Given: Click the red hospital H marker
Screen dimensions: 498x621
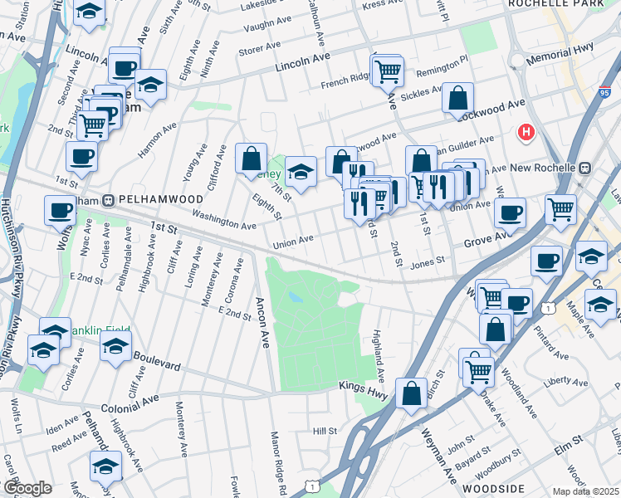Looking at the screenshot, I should (x=526, y=132).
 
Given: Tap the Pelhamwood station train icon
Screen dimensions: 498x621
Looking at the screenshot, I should (x=107, y=200).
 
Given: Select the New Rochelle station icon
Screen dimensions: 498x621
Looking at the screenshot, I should (x=586, y=167).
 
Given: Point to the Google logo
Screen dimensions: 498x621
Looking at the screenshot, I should (x=27, y=488).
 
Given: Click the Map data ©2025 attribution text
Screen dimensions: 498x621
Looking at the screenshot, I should (x=585, y=491).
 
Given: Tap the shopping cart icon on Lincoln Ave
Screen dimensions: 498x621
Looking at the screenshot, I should (x=387, y=72).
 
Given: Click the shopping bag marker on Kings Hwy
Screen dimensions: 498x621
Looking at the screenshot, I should (x=412, y=394).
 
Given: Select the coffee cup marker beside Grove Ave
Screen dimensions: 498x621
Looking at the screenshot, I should (x=510, y=213).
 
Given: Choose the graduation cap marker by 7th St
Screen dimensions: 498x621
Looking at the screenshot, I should (x=301, y=173).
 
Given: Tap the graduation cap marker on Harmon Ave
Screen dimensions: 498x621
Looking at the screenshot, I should (x=150, y=85).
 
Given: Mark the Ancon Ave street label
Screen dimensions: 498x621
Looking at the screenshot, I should (x=262, y=323).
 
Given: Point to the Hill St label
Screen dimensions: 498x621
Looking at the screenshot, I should (x=325, y=431).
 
